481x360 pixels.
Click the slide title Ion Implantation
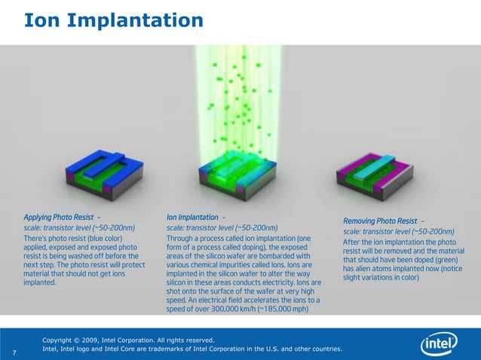113,20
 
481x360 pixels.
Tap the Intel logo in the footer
440,344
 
